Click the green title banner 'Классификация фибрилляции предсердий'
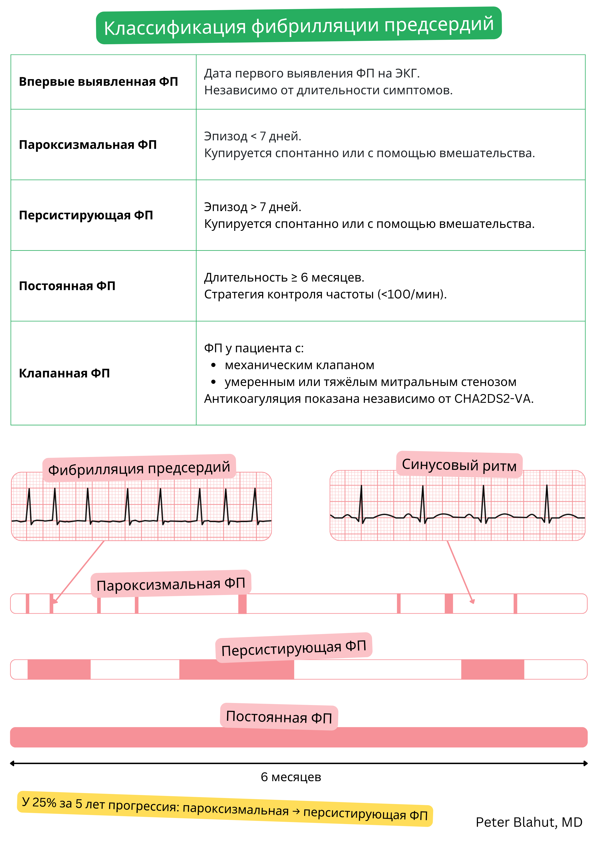[x=298, y=26]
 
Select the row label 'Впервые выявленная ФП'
[x=98, y=82]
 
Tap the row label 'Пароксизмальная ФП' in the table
[x=88, y=145]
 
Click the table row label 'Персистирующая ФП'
[x=86, y=215]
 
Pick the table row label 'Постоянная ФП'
[x=67, y=286]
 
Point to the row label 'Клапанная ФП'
[x=64, y=373]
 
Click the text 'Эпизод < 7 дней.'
[x=252, y=136]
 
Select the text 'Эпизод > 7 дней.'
[x=252, y=207]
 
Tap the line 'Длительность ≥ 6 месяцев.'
[x=284, y=277]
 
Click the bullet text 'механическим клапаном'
[x=300, y=365]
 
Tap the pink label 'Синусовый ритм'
[x=459, y=465]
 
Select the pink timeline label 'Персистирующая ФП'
[x=294, y=647]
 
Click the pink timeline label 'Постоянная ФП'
[x=279, y=717]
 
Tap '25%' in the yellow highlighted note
[x=44, y=802]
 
